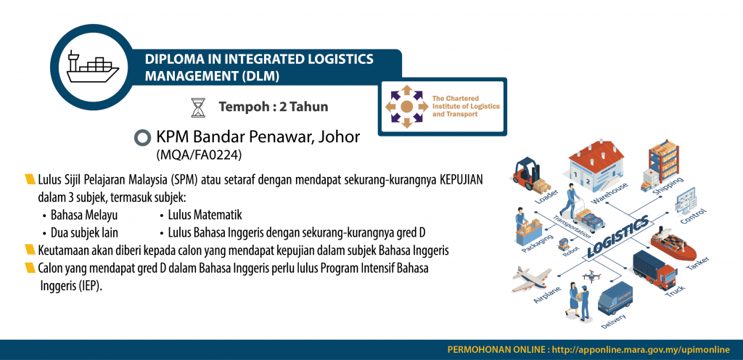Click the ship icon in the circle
(x=92, y=67)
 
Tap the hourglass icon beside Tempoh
(x=198, y=107)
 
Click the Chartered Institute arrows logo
(x=406, y=107)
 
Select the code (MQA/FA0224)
(x=200, y=154)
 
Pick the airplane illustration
(x=531, y=279)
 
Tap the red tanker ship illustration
(x=673, y=243)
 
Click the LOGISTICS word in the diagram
(x=617, y=237)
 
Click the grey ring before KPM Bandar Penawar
(x=142, y=138)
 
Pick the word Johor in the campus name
(x=340, y=137)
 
